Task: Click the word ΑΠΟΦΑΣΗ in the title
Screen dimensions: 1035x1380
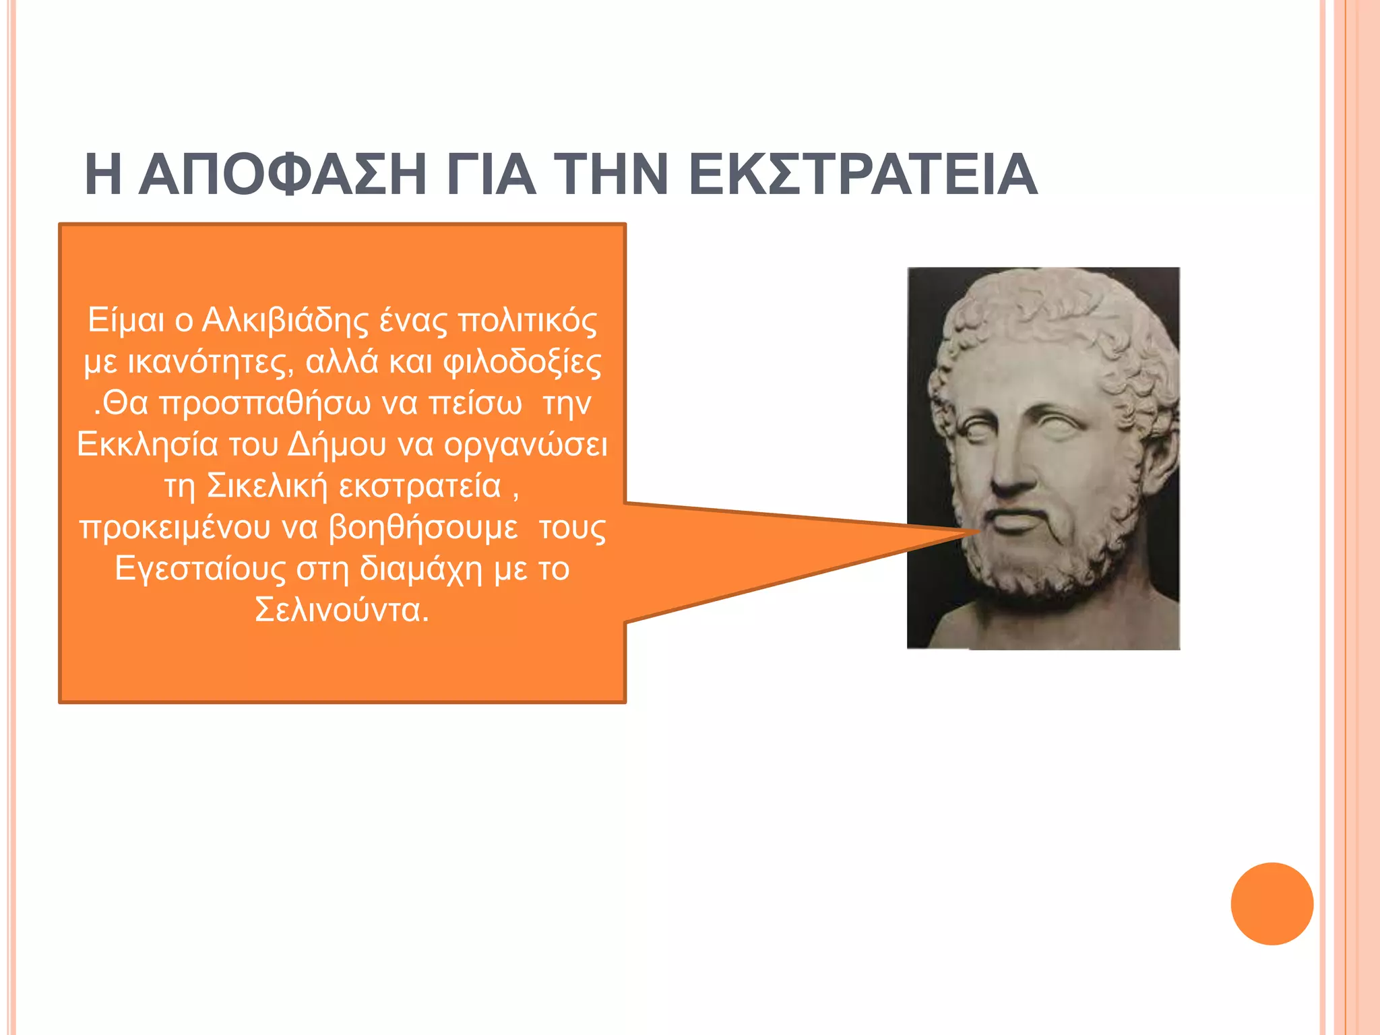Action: click(282, 175)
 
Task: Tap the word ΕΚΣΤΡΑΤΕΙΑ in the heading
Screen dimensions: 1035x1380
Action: click(863, 175)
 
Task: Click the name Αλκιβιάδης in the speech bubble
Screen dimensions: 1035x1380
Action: click(286, 321)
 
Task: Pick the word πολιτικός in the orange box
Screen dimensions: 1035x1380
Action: click(528, 321)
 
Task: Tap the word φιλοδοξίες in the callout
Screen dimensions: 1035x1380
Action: click(522, 363)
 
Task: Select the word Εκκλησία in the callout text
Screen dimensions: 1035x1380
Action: click(148, 445)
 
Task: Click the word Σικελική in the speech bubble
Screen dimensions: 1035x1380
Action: click(267, 486)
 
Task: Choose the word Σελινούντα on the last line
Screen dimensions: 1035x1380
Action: click(342, 610)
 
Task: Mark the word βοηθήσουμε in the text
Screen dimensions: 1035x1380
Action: click(423, 528)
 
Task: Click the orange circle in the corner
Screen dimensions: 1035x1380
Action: click(1272, 904)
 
